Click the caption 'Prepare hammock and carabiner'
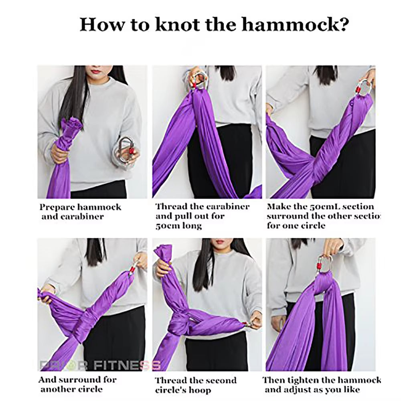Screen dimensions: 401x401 pos(80,212)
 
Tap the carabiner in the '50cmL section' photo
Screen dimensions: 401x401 pos(363,88)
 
